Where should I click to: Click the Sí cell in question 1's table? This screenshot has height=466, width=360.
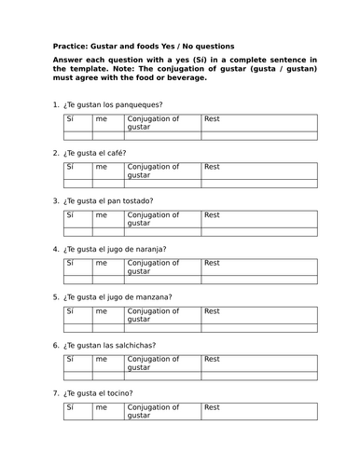[x=76, y=123]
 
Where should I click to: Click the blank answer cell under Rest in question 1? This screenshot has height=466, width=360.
[x=259, y=136]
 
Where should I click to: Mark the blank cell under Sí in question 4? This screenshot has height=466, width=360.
[x=76, y=281]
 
